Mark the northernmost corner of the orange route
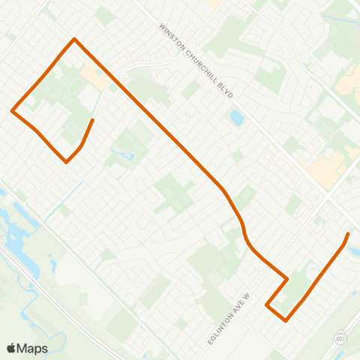[73, 39]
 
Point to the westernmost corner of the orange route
[12, 111]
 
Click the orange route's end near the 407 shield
[347, 235]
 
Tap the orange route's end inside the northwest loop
[92, 120]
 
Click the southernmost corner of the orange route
[286, 321]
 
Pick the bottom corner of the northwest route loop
[67, 161]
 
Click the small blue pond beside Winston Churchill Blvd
[236, 118]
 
